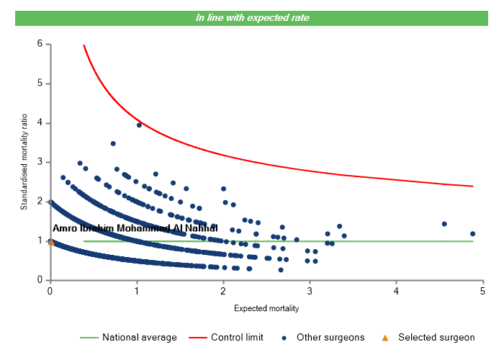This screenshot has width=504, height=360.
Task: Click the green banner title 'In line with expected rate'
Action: coord(252,17)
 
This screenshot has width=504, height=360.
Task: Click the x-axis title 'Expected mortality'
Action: coord(266,308)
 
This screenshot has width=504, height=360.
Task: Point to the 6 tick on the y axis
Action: coord(40,44)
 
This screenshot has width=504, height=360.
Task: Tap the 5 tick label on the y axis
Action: coord(40,84)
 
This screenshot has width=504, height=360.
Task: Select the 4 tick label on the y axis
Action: coord(40,123)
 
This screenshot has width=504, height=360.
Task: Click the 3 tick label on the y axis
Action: coord(40,162)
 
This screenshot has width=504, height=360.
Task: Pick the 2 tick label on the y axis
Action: coord(40,202)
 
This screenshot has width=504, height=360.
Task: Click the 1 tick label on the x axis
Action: coord(137,290)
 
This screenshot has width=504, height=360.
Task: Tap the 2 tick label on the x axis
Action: coord(223,290)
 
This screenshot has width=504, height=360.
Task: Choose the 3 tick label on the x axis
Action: coord(310,290)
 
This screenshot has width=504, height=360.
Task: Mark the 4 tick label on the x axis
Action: coord(397,290)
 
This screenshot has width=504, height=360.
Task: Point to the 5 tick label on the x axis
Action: coord(483,290)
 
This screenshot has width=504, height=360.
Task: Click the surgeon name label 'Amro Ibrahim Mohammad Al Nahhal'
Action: coord(135,228)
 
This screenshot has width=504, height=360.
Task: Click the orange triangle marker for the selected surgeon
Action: coord(50,242)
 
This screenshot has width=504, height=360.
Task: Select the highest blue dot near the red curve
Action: coord(139,125)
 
